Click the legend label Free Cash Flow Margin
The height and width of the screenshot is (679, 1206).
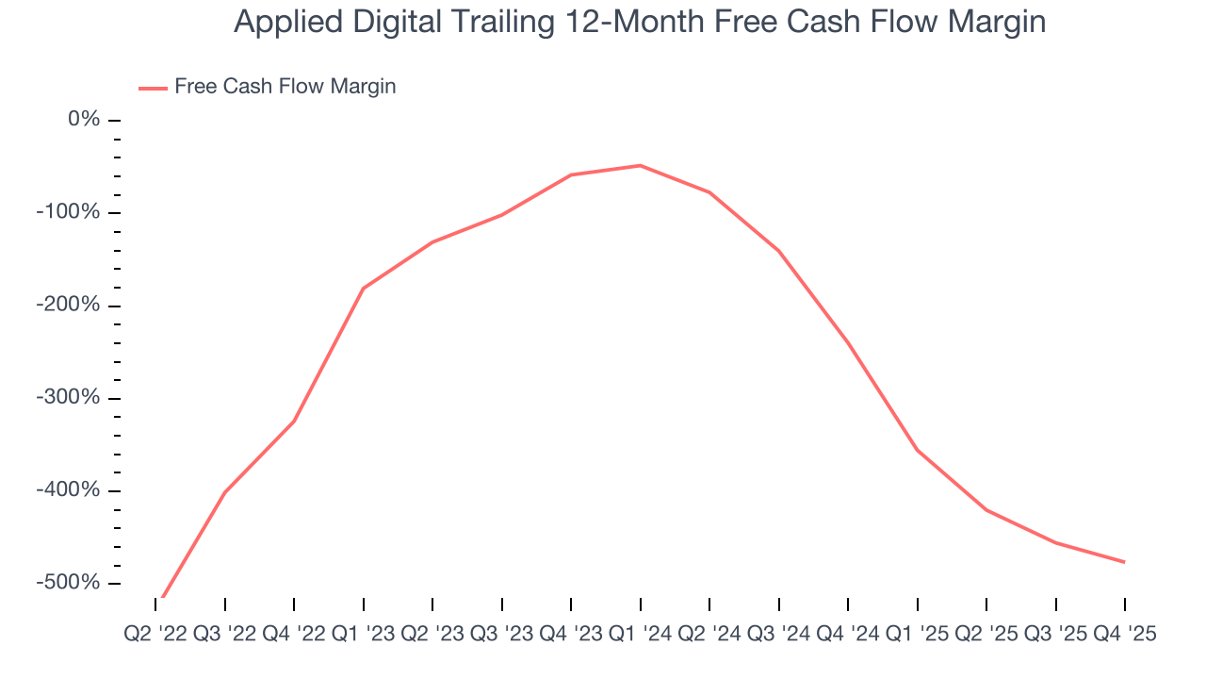click(x=285, y=87)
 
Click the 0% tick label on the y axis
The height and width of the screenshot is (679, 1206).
click(x=84, y=120)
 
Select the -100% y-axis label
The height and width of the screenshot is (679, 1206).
click(x=69, y=212)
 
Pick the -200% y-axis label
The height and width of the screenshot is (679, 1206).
click(x=69, y=306)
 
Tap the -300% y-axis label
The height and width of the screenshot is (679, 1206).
click(x=69, y=398)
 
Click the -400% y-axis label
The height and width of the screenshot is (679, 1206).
click(x=69, y=490)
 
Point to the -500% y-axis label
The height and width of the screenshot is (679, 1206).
click(x=69, y=583)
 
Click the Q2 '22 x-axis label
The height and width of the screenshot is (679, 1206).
click(x=155, y=635)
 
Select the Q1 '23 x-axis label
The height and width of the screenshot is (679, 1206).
click(x=364, y=635)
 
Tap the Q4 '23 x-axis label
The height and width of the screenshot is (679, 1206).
click(x=571, y=635)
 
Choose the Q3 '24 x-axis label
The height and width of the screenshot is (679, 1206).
click(x=779, y=635)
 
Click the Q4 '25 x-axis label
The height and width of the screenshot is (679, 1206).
click(x=1125, y=635)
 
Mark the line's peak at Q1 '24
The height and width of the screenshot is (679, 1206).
click(x=641, y=166)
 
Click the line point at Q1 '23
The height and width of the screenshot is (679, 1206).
click(x=364, y=289)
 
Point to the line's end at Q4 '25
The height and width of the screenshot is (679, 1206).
click(x=1125, y=562)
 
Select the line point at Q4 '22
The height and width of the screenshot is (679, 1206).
click(x=294, y=421)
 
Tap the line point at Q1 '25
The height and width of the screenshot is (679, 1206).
click(x=918, y=450)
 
